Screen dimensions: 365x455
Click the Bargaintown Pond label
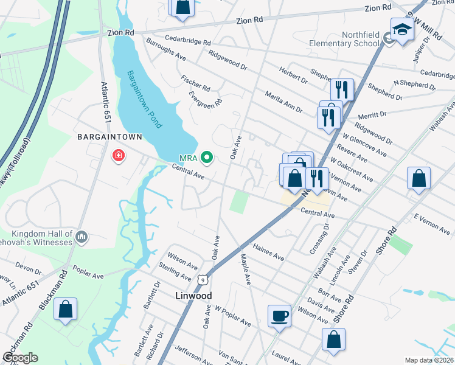click(144, 100)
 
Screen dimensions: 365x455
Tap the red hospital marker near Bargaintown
click(118, 157)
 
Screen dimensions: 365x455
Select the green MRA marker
click(207, 158)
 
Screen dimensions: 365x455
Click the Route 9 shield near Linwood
click(202, 279)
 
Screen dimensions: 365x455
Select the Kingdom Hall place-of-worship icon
click(83, 236)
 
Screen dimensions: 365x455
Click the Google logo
click(20, 357)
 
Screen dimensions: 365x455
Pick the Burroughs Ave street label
click(164, 53)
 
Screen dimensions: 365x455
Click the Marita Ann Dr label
click(283, 102)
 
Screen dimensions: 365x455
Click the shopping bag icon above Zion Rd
click(182, 7)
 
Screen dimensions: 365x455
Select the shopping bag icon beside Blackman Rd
click(66, 310)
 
